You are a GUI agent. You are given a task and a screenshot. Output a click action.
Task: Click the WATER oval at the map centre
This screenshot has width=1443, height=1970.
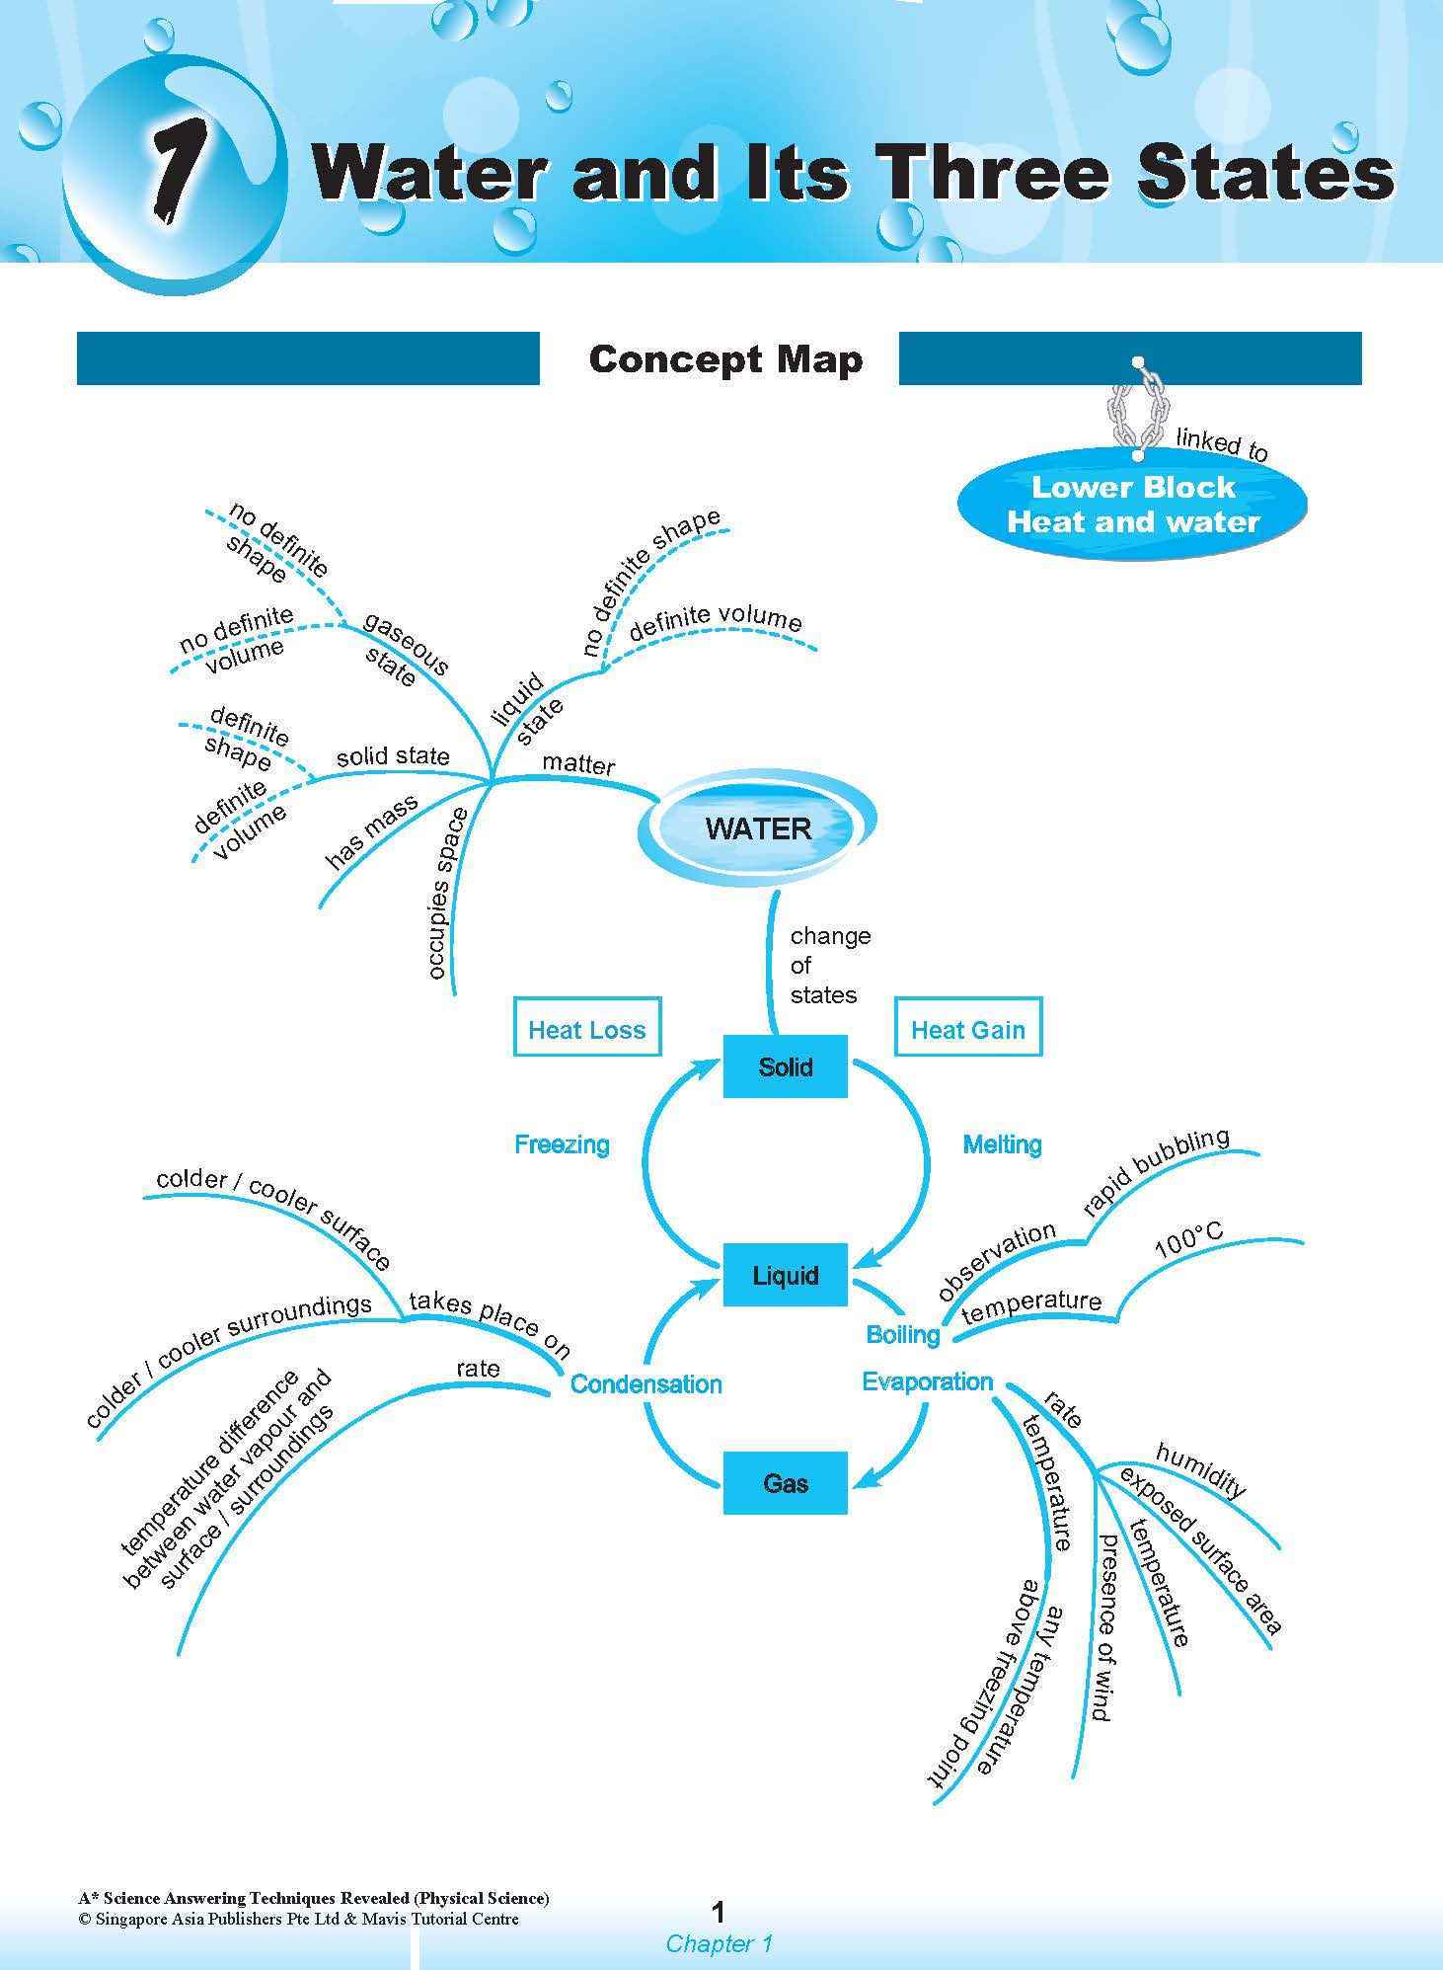tap(757, 827)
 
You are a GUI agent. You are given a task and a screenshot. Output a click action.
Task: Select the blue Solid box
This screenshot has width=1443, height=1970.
tap(785, 1066)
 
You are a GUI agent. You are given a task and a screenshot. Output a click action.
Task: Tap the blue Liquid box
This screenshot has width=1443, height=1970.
tap(785, 1275)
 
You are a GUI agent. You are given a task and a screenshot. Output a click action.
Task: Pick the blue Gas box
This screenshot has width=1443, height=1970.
tap(785, 1482)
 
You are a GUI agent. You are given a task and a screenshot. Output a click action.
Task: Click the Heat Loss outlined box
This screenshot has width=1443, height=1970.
tap(586, 1029)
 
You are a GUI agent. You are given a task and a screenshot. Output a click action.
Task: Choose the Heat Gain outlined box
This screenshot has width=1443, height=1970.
tap(967, 1029)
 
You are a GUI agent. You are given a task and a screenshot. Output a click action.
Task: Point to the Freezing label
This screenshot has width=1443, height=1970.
tap(562, 1144)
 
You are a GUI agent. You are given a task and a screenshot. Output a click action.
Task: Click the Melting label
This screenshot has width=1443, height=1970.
tap(1002, 1144)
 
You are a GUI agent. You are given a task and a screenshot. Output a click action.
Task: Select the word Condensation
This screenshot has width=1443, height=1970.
tap(646, 1383)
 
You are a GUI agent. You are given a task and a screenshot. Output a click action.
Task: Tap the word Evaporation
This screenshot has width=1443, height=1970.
tap(927, 1381)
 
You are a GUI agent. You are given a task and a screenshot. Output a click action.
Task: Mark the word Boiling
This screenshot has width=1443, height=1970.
tap(902, 1335)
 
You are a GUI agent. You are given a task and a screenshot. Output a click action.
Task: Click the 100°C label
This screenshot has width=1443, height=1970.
tap(1188, 1239)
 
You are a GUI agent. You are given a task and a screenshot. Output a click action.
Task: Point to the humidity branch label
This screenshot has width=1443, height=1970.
tap(1200, 1469)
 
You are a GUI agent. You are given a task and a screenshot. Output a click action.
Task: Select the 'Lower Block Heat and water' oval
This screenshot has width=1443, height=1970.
tap(1132, 505)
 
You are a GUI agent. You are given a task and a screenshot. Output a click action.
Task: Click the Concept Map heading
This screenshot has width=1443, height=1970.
tap(725, 359)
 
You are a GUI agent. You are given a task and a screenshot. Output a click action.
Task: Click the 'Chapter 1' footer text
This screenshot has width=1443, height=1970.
tap(719, 1943)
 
